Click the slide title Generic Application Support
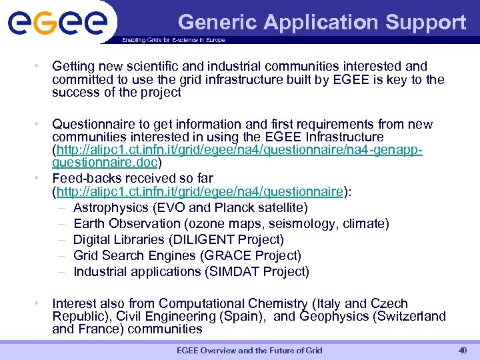(x=322, y=22)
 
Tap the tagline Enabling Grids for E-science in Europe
(x=173, y=40)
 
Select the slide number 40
(x=463, y=350)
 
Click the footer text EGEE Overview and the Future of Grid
(x=249, y=351)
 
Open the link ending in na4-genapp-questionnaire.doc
(x=239, y=156)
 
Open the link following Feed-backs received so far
(x=199, y=192)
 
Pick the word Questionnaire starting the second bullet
(x=93, y=124)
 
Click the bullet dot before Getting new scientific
(x=41, y=66)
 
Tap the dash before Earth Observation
(x=61, y=223)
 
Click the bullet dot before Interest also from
(x=41, y=303)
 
